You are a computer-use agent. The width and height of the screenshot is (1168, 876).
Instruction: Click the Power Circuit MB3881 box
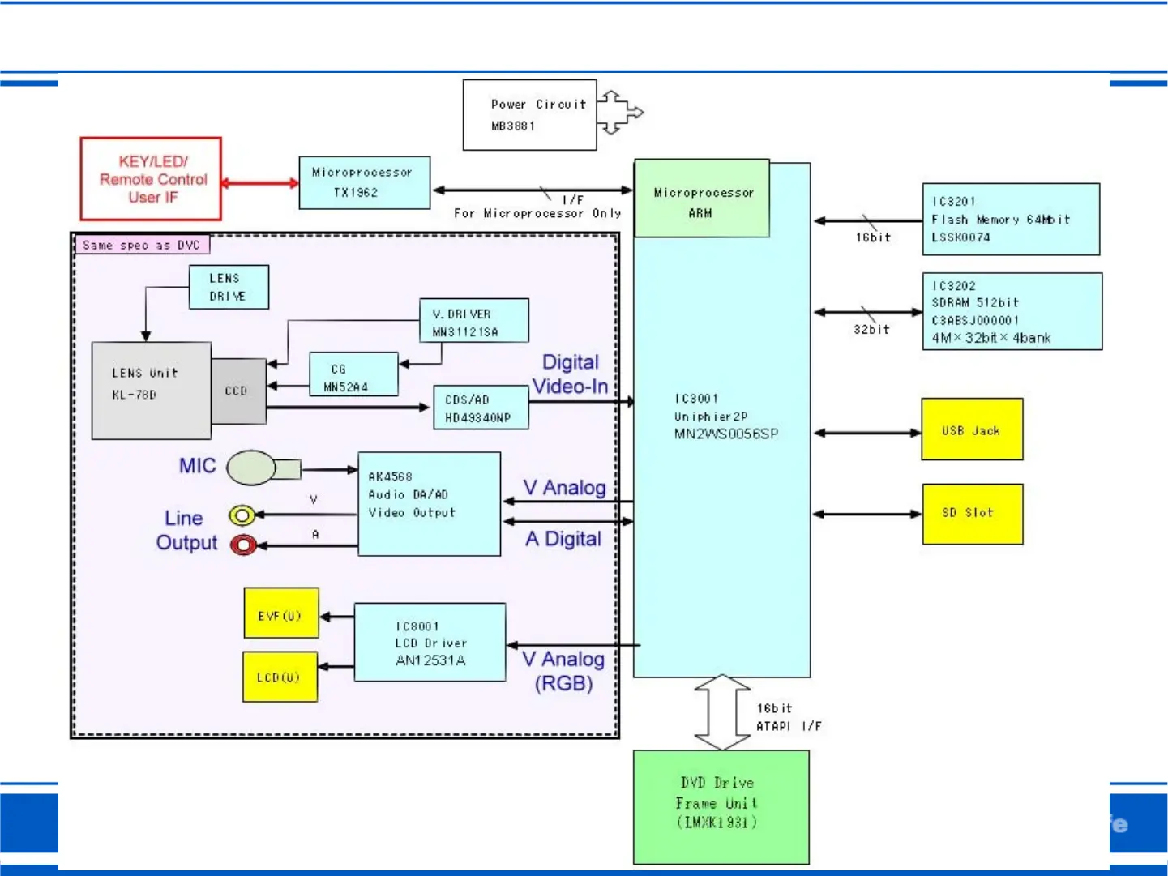click(529, 115)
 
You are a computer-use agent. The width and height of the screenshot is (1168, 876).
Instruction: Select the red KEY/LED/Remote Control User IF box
click(151, 179)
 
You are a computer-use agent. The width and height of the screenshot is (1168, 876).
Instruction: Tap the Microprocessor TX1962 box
click(364, 183)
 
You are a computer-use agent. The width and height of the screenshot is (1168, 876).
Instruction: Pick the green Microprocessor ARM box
click(702, 199)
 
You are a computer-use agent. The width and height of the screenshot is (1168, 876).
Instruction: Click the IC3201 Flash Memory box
click(1011, 220)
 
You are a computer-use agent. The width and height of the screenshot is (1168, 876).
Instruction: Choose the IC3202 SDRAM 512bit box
click(1012, 312)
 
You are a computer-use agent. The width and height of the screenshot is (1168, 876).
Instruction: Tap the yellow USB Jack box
click(972, 429)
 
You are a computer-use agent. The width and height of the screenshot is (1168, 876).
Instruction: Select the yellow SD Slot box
click(972, 514)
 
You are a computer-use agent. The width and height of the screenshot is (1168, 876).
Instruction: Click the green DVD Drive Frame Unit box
click(721, 807)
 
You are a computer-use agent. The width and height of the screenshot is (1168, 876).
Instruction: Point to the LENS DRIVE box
click(229, 288)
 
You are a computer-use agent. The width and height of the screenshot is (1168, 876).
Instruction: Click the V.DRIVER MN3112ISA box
click(474, 321)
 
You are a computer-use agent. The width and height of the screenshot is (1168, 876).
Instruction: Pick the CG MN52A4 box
click(353, 374)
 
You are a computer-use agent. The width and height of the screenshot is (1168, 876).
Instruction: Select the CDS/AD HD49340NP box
click(481, 408)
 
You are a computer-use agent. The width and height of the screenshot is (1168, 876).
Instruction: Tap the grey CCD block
click(238, 391)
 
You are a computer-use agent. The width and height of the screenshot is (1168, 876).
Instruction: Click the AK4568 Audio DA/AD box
click(429, 504)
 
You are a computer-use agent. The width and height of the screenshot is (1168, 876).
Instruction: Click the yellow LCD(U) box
click(280, 677)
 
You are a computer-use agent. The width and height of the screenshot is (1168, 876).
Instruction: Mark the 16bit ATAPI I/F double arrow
click(721, 712)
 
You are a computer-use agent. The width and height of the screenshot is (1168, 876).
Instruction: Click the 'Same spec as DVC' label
click(142, 245)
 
